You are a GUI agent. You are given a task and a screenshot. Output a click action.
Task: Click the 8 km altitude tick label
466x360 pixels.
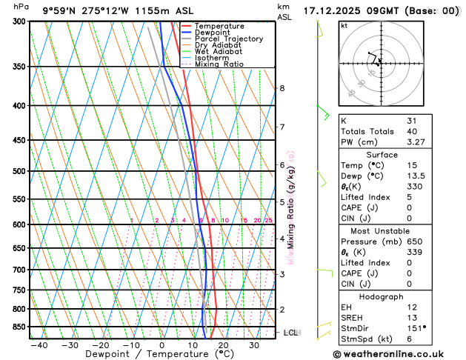coord(282,88)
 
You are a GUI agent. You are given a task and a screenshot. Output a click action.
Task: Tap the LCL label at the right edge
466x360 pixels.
coord(290,333)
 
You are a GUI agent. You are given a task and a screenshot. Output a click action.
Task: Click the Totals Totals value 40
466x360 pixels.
coord(412,131)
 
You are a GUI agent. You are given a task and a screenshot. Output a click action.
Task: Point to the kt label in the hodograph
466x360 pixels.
coord(344,25)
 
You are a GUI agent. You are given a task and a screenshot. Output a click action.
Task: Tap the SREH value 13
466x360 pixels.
coord(412,317)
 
